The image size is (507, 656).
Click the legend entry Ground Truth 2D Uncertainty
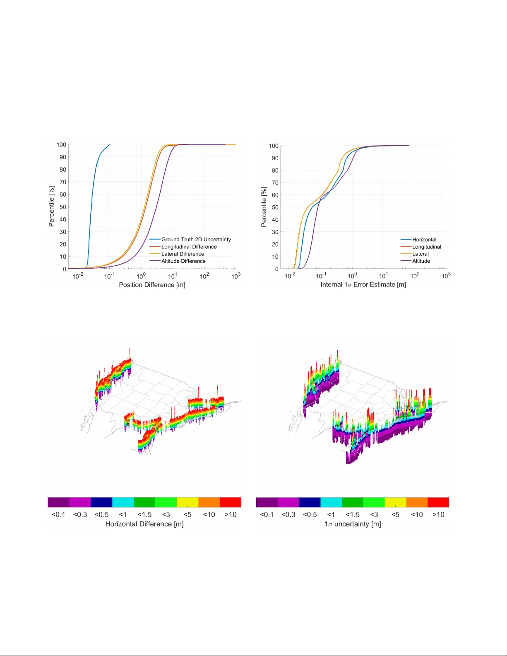tap(196, 240)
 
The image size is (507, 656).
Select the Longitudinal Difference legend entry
tap(189, 247)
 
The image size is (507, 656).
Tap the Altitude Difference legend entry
tap(183, 261)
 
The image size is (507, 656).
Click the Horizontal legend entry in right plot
tap(424, 240)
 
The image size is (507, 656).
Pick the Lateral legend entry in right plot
tap(420, 254)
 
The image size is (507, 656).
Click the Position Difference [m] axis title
tap(152, 285)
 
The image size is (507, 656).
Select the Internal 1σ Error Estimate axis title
tap(363, 285)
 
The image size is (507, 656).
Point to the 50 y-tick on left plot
tap(62, 207)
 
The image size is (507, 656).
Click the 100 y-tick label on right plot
tap(274, 146)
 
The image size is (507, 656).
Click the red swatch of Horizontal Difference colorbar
tap(230, 502)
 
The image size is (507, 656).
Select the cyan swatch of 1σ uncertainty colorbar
tap(331, 502)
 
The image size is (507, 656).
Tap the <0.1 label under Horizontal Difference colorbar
tap(58, 514)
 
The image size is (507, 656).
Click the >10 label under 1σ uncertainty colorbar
tap(438, 514)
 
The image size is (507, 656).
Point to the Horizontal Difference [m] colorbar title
tap(144, 524)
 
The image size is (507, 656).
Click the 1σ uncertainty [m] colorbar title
tap(353, 524)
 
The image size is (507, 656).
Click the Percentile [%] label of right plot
tap(264, 207)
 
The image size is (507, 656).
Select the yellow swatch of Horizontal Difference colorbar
tap(187, 502)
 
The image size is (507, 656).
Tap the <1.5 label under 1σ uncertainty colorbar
tap(353, 514)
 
